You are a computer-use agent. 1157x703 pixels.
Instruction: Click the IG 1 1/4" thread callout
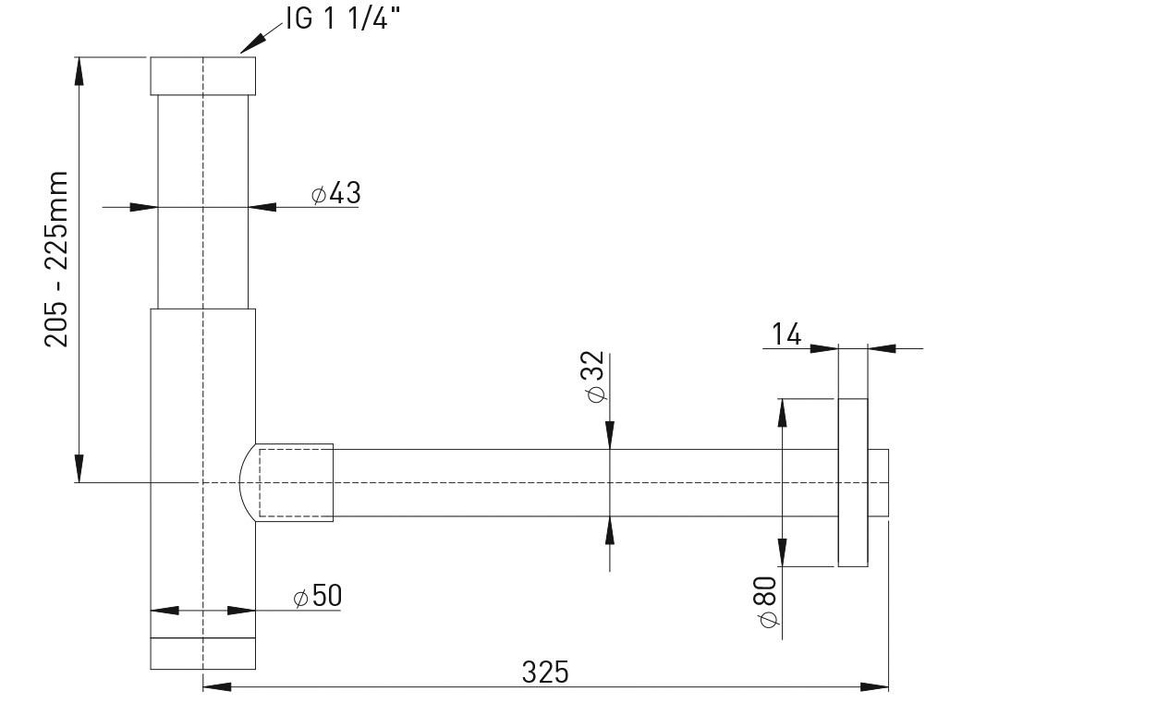[343, 19]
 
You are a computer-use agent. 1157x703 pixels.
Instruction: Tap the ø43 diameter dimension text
[335, 193]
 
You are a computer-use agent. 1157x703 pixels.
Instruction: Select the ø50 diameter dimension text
[318, 596]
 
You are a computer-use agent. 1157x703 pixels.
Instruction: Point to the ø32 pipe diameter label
[595, 377]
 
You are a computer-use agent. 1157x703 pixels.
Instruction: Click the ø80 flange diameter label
[768, 602]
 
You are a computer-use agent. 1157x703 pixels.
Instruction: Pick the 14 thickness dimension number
[786, 334]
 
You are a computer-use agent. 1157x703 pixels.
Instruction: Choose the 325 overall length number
[545, 672]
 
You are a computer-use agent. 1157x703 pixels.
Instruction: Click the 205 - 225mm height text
[56, 259]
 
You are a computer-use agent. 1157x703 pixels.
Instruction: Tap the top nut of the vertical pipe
[203, 76]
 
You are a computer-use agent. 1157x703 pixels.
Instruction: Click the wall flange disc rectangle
[853, 482]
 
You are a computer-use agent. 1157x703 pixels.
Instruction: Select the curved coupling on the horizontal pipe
[286, 482]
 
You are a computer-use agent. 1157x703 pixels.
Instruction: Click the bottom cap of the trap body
[203, 653]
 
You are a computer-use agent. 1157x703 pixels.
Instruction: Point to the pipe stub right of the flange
[878, 482]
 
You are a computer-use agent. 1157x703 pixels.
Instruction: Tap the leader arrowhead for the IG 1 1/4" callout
[252, 44]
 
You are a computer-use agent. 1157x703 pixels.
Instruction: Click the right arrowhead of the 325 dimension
[874, 687]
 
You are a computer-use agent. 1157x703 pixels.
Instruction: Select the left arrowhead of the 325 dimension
[217, 687]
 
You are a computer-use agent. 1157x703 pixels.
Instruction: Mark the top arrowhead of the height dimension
[79, 71]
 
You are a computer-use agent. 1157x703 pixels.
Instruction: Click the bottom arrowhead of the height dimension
[79, 468]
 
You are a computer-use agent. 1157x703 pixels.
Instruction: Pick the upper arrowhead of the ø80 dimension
[782, 413]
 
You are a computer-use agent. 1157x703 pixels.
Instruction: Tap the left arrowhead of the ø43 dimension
[143, 208]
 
